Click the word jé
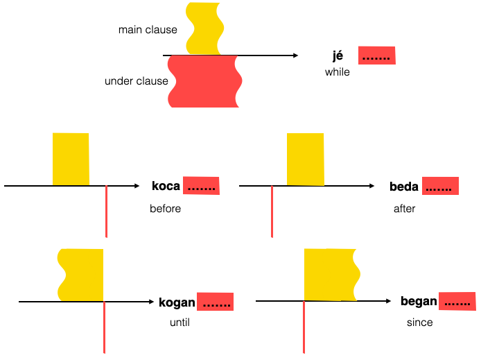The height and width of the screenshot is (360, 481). click(338, 56)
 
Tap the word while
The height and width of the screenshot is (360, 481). click(338, 72)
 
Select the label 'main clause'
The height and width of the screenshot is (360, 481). click(148, 30)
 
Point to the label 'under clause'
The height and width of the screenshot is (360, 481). click(137, 81)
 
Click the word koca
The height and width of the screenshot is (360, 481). click(166, 186)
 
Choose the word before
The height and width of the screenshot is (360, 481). click(165, 208)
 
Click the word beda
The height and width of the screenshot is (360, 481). click(404, 186)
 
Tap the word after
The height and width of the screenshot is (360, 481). click(404, 208)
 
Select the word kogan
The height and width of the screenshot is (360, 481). click(177, 302)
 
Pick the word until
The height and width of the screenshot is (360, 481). click(180, 323)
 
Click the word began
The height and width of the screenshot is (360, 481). click(419, 301)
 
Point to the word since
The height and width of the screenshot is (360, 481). click(420, 323)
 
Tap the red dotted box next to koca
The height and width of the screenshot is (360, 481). click(201, 186)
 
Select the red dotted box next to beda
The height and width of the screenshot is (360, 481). click(440, 186)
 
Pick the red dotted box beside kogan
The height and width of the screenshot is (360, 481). click(215, 302)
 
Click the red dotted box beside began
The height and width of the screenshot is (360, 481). click(457, 301)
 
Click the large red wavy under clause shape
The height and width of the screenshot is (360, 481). click(204, 81)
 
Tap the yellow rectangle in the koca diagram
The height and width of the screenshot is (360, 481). click(71, 159)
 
